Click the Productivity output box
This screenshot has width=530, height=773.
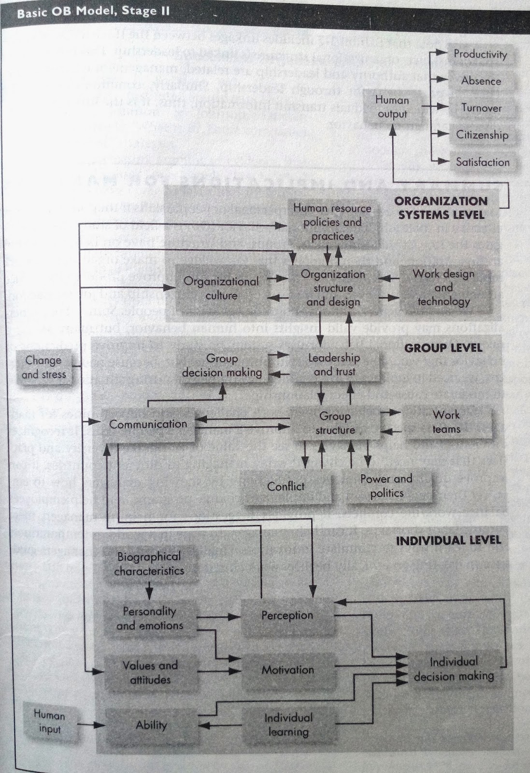(x=480, y=54)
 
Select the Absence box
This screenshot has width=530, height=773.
(x=481, y=81)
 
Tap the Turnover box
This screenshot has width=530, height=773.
(x=481, y=108)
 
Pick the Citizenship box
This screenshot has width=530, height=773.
(x=482, y=135)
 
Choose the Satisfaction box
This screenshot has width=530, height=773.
(x=482, y=162)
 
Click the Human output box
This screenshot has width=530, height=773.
(x=392, y=107)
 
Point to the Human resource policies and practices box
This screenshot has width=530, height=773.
(x=332, y=222)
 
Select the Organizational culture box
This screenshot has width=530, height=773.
(x=221, y=288)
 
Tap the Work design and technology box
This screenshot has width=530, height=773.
(x=444, y=287)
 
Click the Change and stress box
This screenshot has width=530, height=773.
(x=43, y=367)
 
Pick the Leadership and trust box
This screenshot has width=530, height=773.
(x=334, y=365)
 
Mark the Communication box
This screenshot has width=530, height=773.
(x=148, y=424)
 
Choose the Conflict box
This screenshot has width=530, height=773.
(x=286, y=487)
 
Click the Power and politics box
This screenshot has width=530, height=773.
(x=386, y=486)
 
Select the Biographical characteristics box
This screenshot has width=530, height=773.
(x=149, y=564)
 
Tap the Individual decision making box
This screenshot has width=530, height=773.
(x=454, y=669)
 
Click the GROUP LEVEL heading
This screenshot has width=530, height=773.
(x=443, y=347)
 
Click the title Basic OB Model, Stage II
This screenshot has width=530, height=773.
(x=93, y=12)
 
